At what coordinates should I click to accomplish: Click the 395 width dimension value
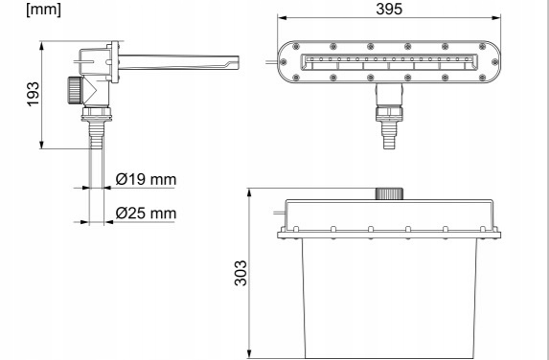click(x=390, y=9)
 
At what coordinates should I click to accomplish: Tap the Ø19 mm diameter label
click(x=145, y=180)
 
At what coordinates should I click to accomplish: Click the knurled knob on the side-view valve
click(x=72, y=90)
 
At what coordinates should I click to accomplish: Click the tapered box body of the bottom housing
click(x=390, y=297)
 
